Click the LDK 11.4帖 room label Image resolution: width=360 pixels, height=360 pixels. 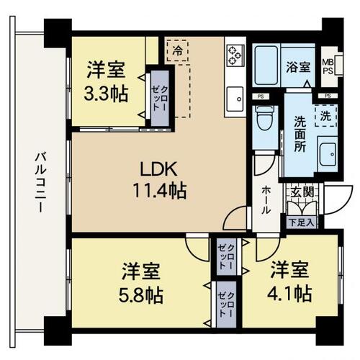[160, 180]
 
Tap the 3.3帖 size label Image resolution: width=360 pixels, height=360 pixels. [106, 94]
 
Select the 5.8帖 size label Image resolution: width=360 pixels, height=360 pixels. [141, 295]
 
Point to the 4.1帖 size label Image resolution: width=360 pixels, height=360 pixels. [289, 293]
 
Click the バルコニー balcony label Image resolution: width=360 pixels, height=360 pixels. [40, 182]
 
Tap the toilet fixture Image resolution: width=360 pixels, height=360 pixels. [265, 117]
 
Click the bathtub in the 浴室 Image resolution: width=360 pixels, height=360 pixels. [266, 66]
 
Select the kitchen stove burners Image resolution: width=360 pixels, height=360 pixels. [235, 56]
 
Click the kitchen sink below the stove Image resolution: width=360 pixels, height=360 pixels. [235, 99]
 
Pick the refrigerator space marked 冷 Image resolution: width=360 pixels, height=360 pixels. [178, 50]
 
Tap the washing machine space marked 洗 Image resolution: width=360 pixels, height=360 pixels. [326, 116]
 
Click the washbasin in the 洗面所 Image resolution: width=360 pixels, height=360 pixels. [327, 154]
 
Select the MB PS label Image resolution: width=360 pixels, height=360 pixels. [328, 67]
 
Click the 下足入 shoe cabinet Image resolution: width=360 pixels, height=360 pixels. [301, 222]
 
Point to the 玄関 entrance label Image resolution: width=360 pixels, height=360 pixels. [302, 192]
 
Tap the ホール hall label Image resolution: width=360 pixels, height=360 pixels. [266, 199]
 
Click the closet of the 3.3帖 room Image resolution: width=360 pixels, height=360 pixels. [160, 98]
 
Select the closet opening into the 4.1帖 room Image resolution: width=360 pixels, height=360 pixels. [227, 256]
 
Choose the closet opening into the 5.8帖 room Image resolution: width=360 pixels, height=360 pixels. [226, 305]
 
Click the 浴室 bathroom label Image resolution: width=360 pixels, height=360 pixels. [298, 67]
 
